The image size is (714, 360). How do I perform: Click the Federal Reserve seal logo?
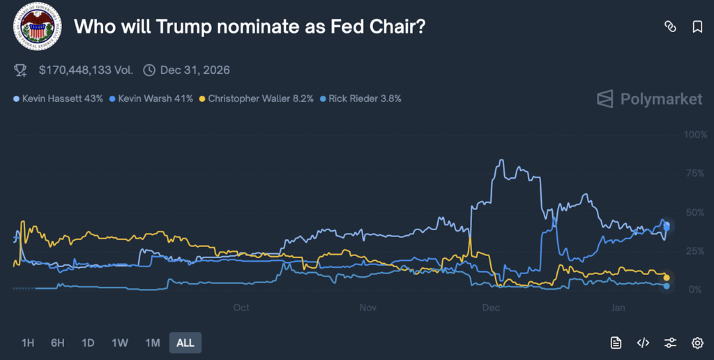coord(36,27)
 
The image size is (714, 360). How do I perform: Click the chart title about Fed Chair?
coord(250,27)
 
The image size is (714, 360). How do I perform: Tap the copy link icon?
coord(670,27)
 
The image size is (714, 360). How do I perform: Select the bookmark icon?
coord(697,27)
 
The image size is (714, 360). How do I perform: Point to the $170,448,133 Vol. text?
coord(85,70)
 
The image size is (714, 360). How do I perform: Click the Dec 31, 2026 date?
coord(195,70)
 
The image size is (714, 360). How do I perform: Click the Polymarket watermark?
coord(649,99)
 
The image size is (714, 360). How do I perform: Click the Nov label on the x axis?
coord(369,308)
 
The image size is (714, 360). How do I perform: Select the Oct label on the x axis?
coord(241,308)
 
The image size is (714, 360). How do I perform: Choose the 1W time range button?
coord(120,343)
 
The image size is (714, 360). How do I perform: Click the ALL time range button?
coord(185,343)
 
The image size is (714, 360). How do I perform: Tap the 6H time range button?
coord(57,343)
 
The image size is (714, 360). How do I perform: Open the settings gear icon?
coord(697,343)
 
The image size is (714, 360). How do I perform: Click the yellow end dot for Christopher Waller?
coord(667,278)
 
